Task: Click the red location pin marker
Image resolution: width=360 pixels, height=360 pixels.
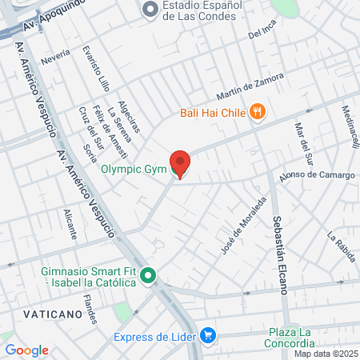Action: [x=180, y=163]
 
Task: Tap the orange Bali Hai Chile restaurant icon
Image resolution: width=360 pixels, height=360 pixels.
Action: [x=257, y=112]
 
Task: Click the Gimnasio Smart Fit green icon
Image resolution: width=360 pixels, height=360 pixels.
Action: [x=148, y=277]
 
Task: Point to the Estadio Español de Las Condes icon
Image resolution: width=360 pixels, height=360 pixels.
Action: [x=150, y=10]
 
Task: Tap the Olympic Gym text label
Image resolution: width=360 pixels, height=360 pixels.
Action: [x=134, y=169]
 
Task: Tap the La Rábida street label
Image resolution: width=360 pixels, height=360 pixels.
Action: [x=341, y=246]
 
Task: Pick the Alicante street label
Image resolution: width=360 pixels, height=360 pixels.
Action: [x=70, y=225]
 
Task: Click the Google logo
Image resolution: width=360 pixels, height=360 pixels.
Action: [x=26, y=350]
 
